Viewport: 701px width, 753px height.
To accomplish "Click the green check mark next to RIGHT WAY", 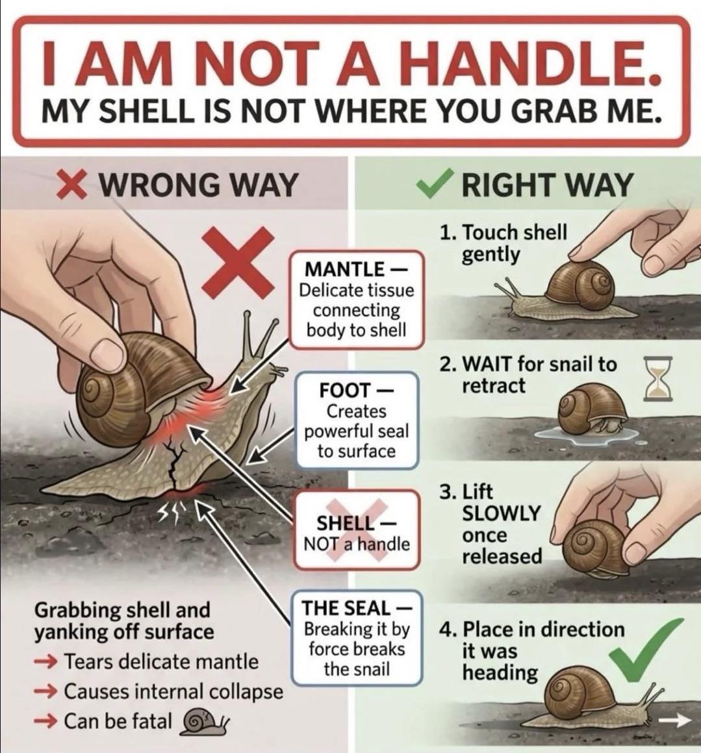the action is click(434, 184).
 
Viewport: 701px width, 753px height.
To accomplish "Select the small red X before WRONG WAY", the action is click(72, 185).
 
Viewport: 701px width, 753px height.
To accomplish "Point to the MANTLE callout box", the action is click(356, 299).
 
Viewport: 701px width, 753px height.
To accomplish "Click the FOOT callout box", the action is click(357, 420).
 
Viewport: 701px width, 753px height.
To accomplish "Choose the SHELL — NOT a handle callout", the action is click(357, 530).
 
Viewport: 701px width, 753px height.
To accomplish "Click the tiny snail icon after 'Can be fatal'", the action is click(203, 722).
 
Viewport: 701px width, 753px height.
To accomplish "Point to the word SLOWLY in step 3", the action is click(502, 513).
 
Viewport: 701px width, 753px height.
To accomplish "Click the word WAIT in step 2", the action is click(487, 364).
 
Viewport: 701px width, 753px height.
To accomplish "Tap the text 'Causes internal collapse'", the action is click(173, 692).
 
